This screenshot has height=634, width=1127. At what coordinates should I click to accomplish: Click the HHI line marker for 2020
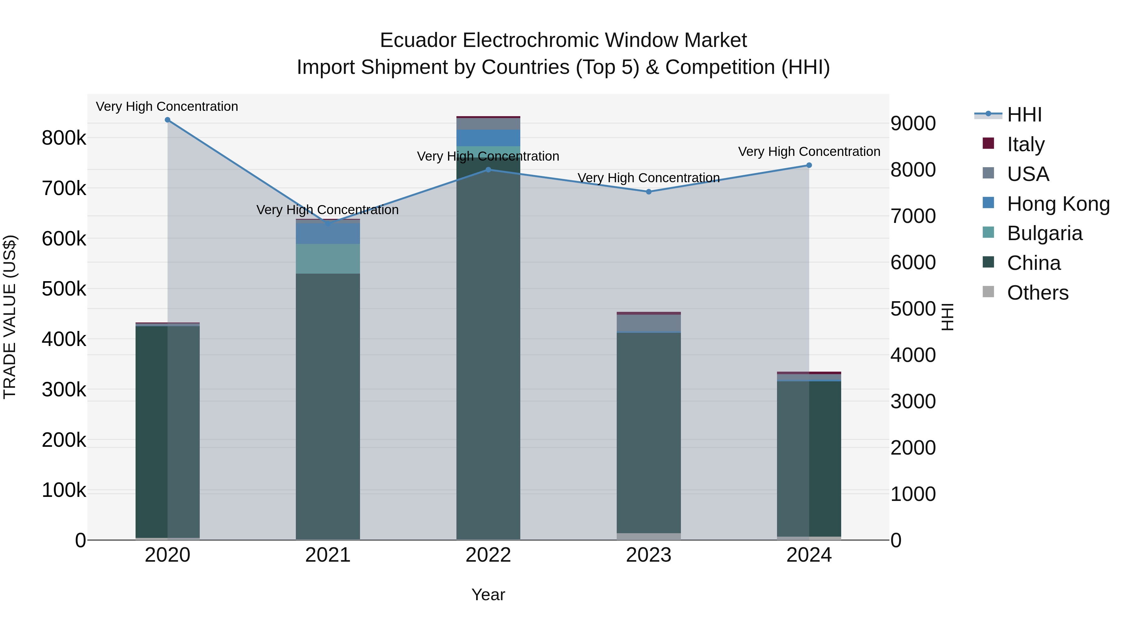167,120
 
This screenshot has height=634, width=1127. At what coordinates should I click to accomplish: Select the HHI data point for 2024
809,165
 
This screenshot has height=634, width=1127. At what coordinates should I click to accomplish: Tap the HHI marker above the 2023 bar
649,192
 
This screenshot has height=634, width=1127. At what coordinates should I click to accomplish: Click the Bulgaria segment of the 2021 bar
328,259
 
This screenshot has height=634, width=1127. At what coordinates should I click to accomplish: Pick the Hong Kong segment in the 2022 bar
488,138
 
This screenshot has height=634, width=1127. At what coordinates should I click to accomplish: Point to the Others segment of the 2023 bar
649,536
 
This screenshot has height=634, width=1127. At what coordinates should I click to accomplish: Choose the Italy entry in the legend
1026,144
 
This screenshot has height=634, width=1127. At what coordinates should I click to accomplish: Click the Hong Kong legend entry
1058,204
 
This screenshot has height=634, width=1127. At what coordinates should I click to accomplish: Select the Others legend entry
1037,293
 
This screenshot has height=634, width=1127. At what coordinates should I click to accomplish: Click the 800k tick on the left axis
64,138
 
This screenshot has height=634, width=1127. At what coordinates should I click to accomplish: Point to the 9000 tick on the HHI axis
913,124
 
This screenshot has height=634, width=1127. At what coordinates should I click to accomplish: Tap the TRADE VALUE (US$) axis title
10,317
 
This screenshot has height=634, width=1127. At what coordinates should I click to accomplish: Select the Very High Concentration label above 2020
167,107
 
